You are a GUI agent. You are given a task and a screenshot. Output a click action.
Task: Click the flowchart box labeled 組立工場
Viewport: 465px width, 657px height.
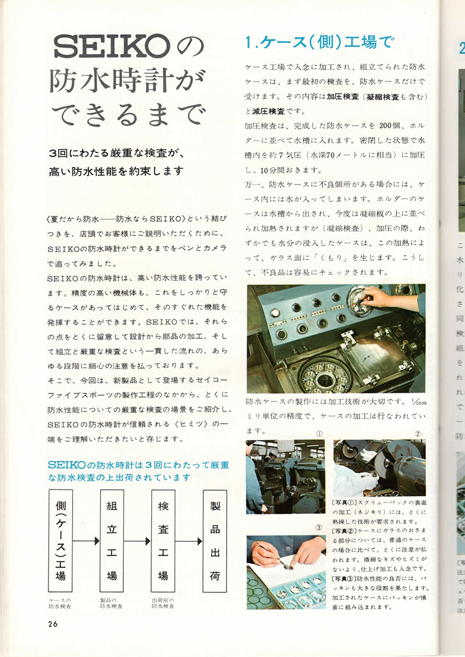point(112,541)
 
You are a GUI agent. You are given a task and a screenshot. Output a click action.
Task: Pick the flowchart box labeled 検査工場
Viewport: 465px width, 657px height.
point(163,541)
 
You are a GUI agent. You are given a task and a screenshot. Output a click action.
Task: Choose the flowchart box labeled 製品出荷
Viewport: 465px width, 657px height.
point(214,541)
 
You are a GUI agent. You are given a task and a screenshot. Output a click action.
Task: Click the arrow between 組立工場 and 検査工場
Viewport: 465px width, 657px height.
point(138,541)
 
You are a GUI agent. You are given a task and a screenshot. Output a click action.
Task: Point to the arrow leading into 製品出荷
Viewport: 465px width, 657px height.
point(189,541)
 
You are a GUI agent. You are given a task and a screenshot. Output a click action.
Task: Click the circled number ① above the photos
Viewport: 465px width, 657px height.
point(319,433)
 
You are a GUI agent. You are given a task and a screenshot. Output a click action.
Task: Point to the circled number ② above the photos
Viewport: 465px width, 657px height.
point(417,433)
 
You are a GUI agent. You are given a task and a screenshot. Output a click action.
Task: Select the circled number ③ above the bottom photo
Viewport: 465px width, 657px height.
point(319,528)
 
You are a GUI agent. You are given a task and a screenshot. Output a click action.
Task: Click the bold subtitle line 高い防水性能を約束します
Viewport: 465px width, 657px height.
point(116,171)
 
